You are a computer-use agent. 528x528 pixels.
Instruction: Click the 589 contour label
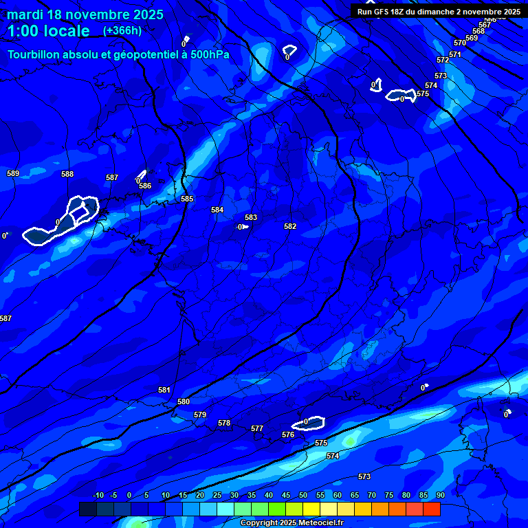[13, 173]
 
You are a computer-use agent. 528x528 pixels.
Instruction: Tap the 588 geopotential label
[67, 174]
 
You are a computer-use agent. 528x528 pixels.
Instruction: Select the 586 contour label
[145, 186]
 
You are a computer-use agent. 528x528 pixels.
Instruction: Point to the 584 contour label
[217, 210]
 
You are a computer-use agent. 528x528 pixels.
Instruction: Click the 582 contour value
[290, 226]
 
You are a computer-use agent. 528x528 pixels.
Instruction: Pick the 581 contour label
[164, 390]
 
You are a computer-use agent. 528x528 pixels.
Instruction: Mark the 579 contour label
[200, 415]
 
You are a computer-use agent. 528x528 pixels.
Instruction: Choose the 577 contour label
[257, 428]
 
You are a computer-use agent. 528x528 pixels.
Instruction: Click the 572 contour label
[443, 60]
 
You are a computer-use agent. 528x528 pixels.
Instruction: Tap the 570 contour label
[460, 43]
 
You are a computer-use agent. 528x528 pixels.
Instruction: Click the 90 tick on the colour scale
[440, 496]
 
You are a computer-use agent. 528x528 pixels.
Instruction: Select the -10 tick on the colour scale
[98, 496]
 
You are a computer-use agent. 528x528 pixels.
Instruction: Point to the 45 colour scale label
[285, 496]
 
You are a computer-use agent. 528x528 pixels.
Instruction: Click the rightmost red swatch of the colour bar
[432, 509]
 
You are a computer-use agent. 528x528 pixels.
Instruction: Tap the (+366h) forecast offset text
[122, 30]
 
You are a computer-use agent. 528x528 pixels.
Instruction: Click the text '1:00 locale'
[48, 31]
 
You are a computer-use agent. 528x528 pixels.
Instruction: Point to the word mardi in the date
[25, 14]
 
